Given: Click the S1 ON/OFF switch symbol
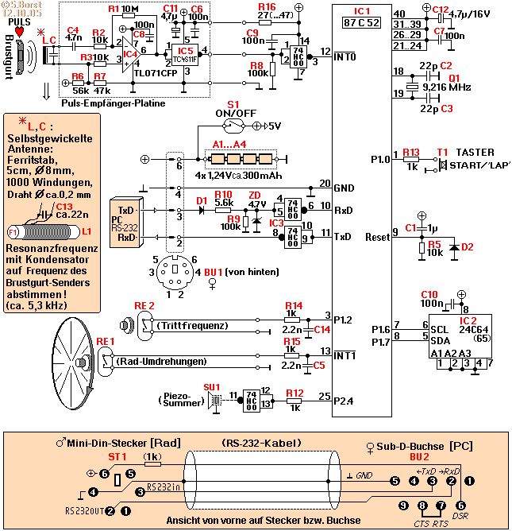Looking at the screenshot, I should pyautogui.click(x=233, y=125).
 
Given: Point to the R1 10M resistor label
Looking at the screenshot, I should pyautogui.click(x=123, y=10).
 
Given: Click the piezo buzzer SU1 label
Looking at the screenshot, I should pyautogui.click(x=212, y=386).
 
